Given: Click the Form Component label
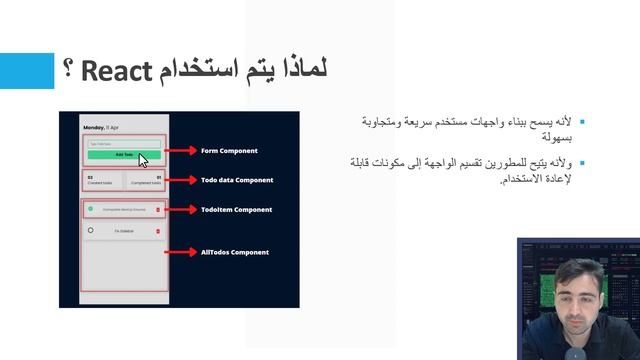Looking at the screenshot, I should [229, 151].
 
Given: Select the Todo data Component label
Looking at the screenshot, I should [237, 180].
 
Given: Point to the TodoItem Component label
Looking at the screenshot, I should [236, 210].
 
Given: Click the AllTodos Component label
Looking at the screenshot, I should [235, 252].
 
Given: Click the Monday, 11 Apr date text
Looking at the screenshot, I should [101, 129].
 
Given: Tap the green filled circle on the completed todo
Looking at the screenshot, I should [90, 209].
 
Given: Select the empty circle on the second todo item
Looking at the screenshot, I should [90, 230].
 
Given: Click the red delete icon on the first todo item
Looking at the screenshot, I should [158, 210].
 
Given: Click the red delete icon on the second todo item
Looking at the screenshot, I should [158, 231].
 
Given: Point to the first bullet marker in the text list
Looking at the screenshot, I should [582, 121].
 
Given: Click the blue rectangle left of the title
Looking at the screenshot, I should [26, 71].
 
